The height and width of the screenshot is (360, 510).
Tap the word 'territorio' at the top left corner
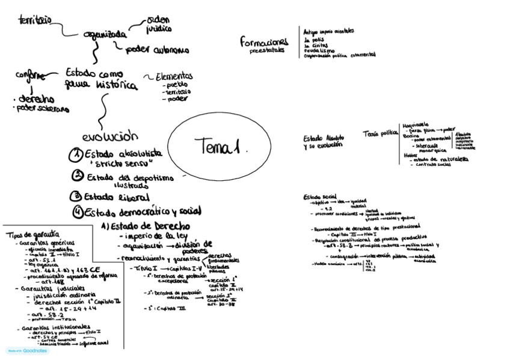pos(35,20)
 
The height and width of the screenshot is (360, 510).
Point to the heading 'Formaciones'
pos(265,42)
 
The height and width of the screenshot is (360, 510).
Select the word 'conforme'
pos(30,76)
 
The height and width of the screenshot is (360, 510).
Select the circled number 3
pos(76,196)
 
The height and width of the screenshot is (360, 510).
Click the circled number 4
pos(77,212)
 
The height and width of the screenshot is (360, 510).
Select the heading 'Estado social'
pos(319,197)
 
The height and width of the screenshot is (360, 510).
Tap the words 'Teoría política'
pos(380,133)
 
